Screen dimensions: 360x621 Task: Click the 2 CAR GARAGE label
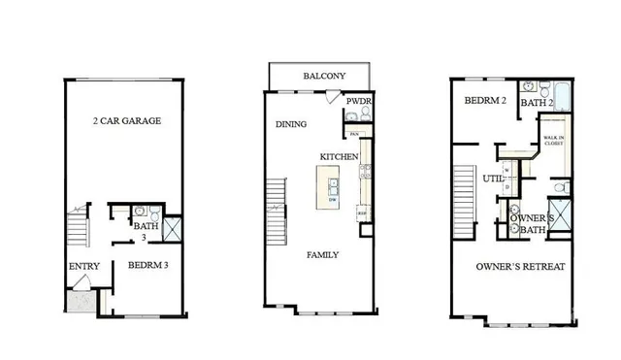point(126,121)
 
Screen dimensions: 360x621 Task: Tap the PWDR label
point(358,100)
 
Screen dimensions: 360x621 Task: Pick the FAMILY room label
point(322,255)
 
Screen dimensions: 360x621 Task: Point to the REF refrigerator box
point(363,213)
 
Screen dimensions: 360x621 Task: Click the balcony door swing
point(333,98)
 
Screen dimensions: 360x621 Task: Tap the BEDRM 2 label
point(481,100)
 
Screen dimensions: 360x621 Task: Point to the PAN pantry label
point(354,133)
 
